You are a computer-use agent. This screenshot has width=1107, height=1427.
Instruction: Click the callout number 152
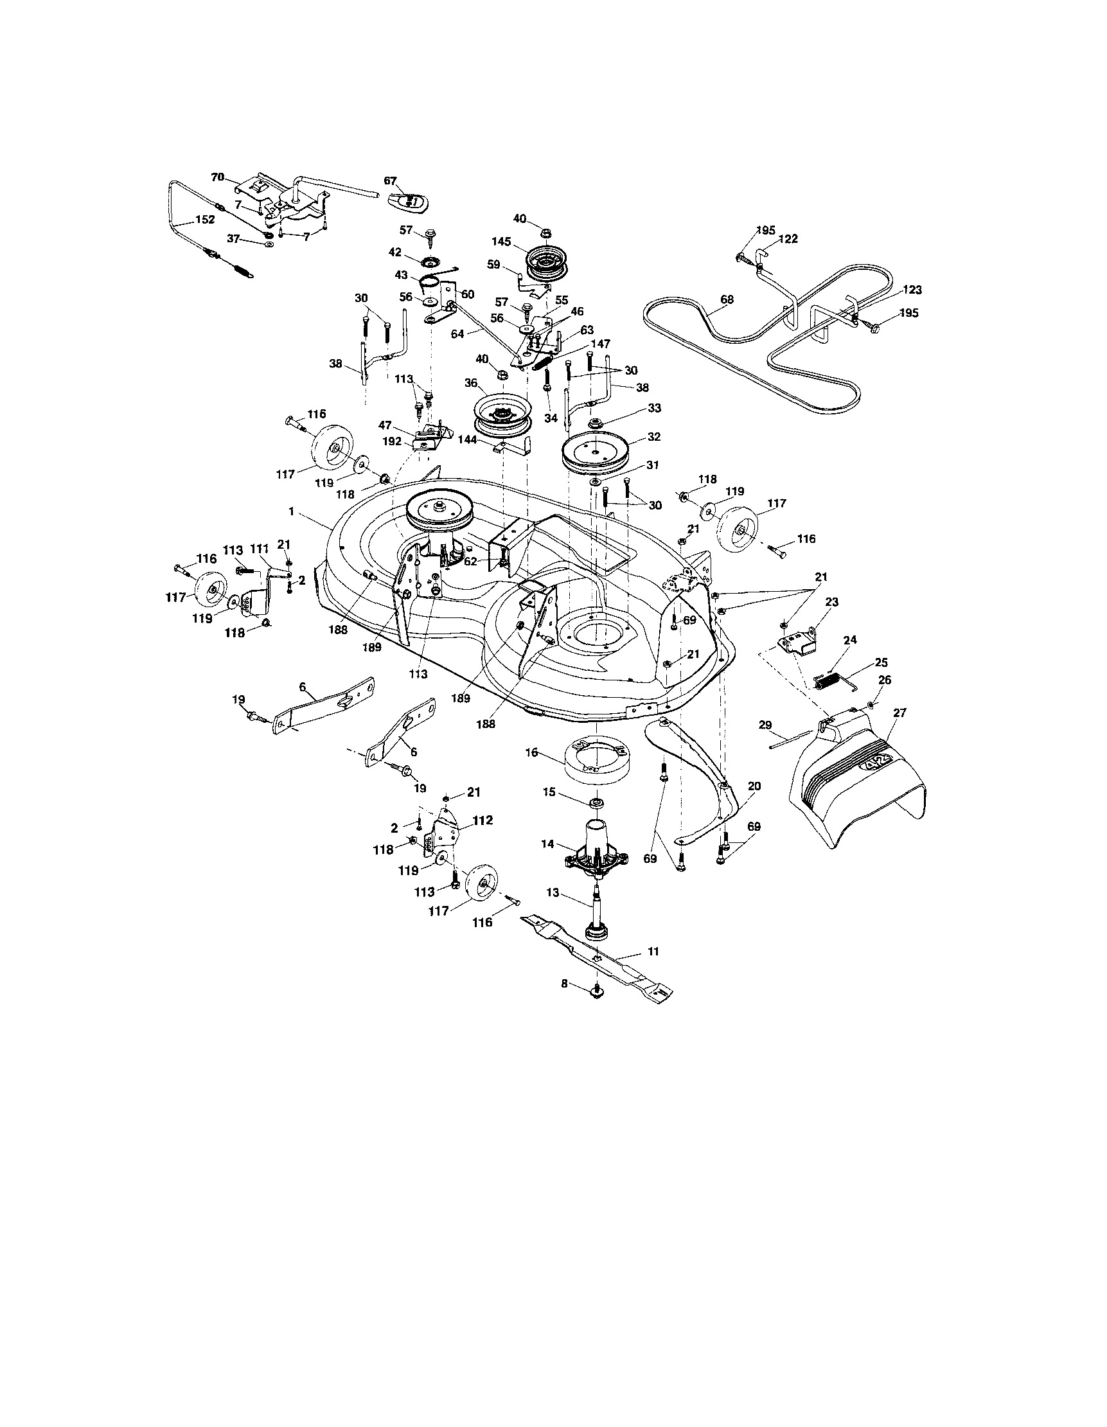[x=205, y=220]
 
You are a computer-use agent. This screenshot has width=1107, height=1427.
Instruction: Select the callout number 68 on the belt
[x=727, y=299]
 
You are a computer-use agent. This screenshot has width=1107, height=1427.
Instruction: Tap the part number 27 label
[x=900, y=713]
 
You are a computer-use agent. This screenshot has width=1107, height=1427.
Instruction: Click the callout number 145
[x=501, y=242]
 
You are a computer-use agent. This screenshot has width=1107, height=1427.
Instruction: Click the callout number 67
[x=390, y=181]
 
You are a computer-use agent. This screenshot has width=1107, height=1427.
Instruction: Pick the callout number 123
[x=912, y=290]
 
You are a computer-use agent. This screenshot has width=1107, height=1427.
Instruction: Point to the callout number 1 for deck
[x=291, y=512]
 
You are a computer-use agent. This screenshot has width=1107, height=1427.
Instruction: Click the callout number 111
[x=260, y=551]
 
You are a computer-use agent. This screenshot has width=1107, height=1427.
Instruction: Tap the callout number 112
[x=484, y=820]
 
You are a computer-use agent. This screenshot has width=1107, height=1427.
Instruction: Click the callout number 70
[x=218, y=177]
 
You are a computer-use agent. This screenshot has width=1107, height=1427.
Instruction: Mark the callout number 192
[x=392, y=441]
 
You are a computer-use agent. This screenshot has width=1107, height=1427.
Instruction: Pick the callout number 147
[x=600, y=344]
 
